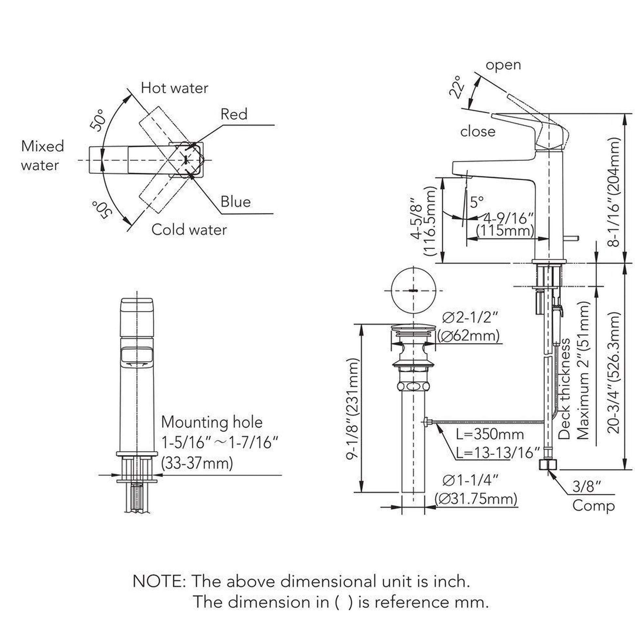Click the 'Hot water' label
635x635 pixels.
pyautogui.click(x=174, y=88)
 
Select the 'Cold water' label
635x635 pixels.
pyautogui.click(x=189, y=230)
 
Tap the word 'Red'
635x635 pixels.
pyautogui.click(x=234, y=115)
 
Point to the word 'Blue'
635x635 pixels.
pyautogui.click(x=235, y=201)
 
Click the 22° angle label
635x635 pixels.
pyautogui.click(x=457, y=87)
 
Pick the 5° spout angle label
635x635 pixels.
pyautogui.click(x=477, y=202)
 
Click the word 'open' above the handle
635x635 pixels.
pyautogui.click(x=503, y=65)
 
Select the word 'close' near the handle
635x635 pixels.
pyautogui.click(x=478, y=132)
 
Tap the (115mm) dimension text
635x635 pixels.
pyautogui.click(x=505, y=231)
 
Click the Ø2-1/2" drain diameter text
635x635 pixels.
pyautogui.click(x=470, y=317)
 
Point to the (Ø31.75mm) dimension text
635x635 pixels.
pyautogui.click(x=476, y=508)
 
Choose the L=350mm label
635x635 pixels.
pyautogui.click(x=490, y=435)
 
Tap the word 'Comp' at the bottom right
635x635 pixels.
pyautogui.click(x=593, y=515)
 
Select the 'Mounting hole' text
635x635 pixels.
pyautogui.click(x=212, y=422)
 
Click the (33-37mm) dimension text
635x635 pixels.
pyautogui.click(x=197, y=463)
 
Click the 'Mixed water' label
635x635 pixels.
pyautogui.click(x=42, y=155)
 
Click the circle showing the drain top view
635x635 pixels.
pyautogui.click(x=413, y=290)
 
